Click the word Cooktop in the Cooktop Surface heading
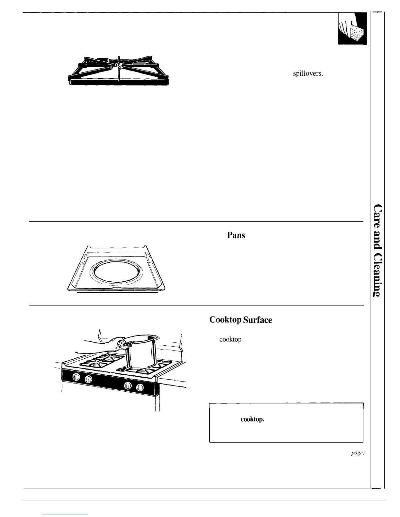tap(225, 320)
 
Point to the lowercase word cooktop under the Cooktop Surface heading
tap(230, 340)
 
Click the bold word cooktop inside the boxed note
tap(252, 419)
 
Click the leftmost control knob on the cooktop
tap(76, 377)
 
